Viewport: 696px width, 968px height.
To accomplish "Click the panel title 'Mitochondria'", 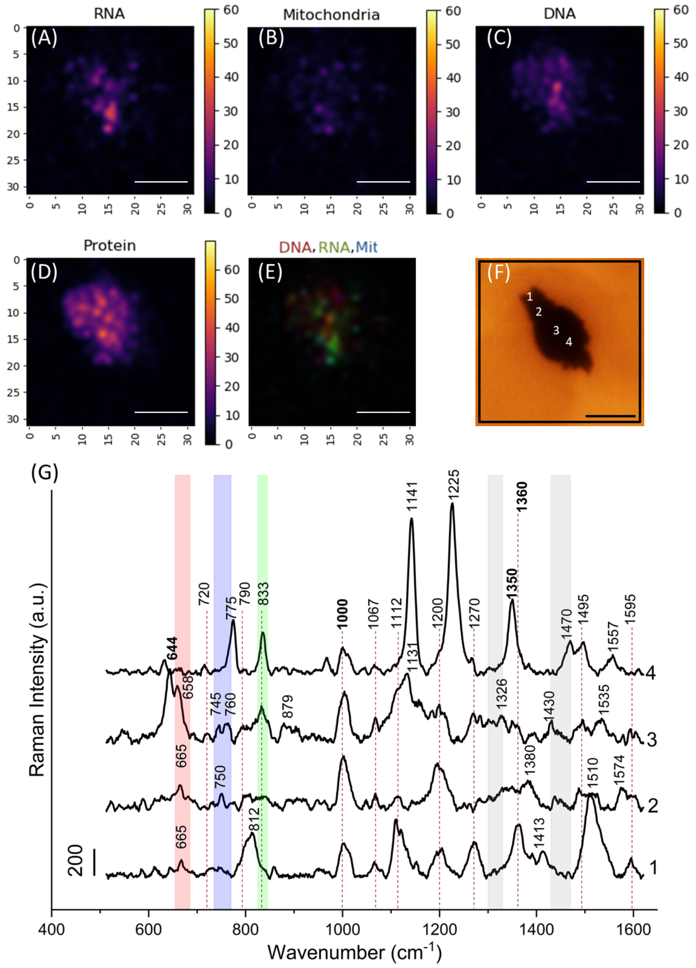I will pyautogui.click(x=331, y=15).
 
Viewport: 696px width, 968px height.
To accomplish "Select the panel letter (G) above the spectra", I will pyautogui.click(x=44, y=473).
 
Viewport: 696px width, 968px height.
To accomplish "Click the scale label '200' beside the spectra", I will pyautogui.click(x=75, y=860).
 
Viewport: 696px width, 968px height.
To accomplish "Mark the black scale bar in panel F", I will pyautogui.click(x=610, y=415).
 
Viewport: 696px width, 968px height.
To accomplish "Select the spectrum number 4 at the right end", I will pyautogui.click(x=651, y=673).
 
